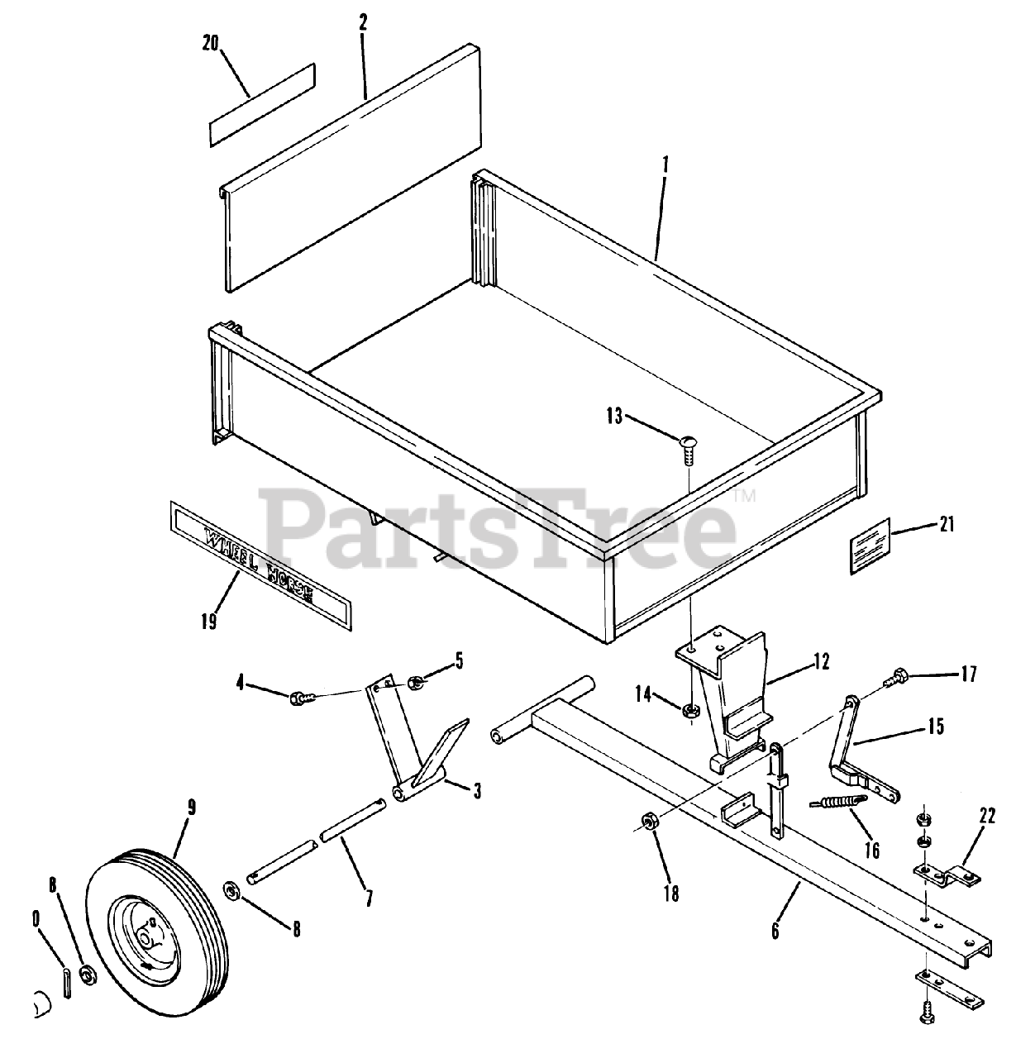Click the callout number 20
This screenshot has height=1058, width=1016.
click(210, 44)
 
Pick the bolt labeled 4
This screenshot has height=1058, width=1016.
click(301, 699)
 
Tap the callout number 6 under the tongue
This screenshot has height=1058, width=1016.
click(775, 931)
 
